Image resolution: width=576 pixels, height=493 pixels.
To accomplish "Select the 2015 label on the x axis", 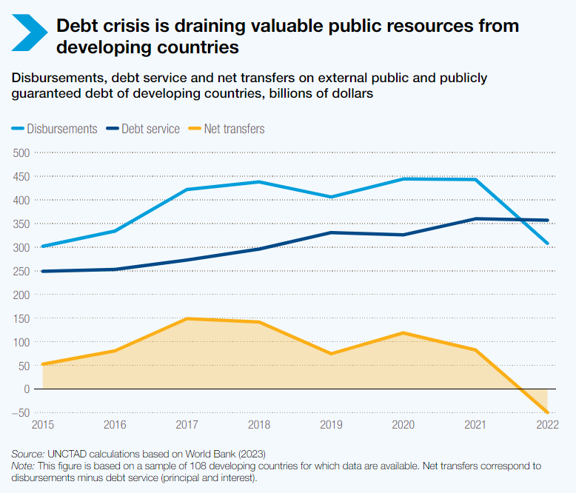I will tap(42, 425).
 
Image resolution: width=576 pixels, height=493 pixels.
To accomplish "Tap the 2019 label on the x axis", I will tap(331, 425).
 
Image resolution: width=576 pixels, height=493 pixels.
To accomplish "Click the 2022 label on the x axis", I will tap(547, 425).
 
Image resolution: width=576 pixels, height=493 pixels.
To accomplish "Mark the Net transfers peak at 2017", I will tap(187, 319).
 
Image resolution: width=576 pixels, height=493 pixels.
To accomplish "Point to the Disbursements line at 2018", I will tap(259, 182).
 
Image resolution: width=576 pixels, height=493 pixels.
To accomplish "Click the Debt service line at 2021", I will tap(475, 218).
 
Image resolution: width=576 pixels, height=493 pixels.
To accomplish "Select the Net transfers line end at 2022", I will tap(547, 412).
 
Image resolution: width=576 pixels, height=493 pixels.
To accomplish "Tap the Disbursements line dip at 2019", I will tap(331, 197).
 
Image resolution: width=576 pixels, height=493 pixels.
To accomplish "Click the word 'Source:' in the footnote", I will tap(27, 453).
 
